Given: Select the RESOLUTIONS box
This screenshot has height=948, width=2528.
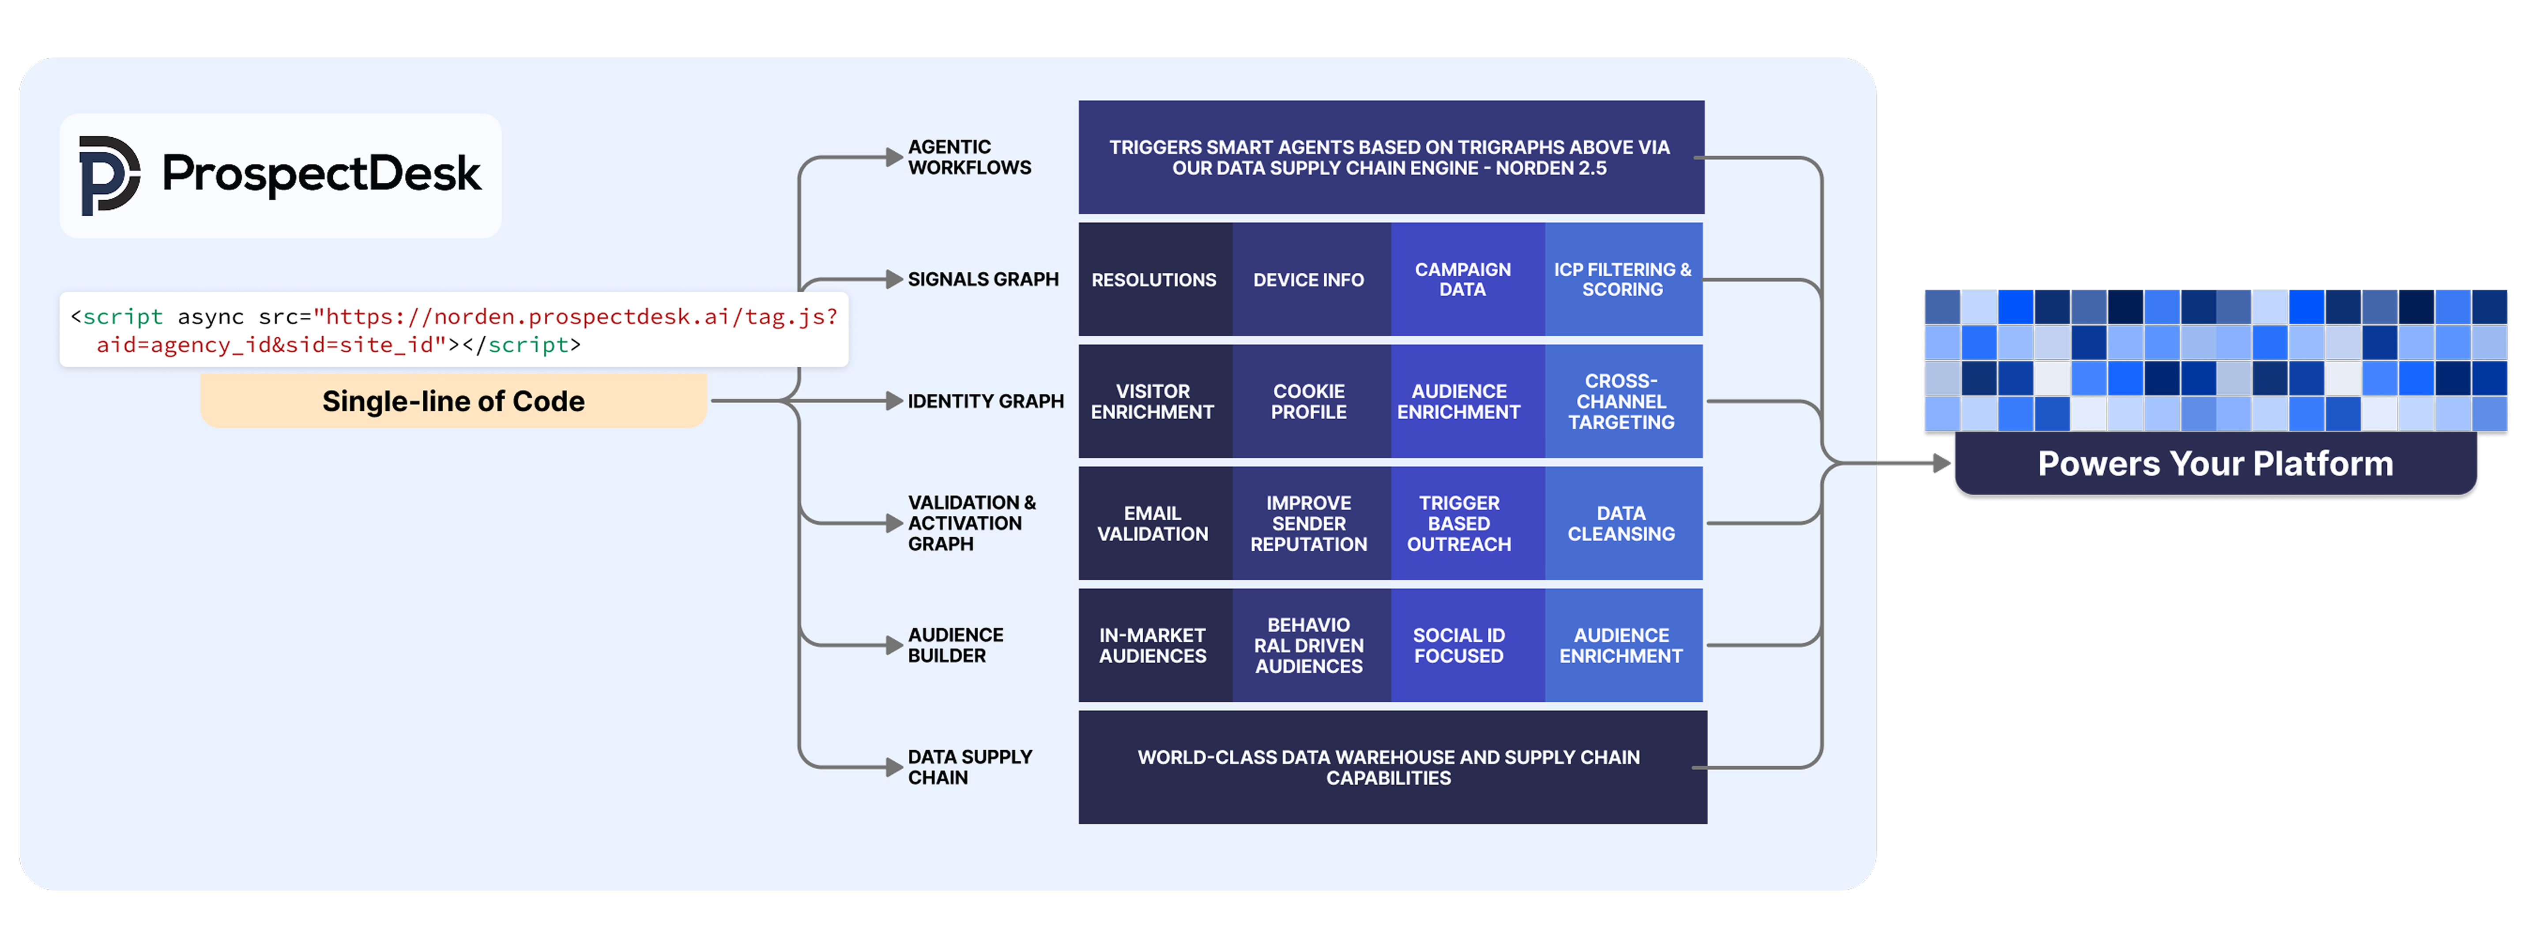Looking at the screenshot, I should [x=1154, y=280].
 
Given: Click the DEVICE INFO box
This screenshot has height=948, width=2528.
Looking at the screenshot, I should [x=1309, y=280].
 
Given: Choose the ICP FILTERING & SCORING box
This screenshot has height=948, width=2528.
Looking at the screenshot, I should [x=1622, y=280].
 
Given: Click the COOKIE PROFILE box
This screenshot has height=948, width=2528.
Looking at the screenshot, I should [x=1309, y=401].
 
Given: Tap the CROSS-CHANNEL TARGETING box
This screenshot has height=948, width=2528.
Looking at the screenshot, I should [x=1622, y=401].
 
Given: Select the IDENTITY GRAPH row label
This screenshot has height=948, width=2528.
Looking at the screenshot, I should [x=985, y=401].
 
